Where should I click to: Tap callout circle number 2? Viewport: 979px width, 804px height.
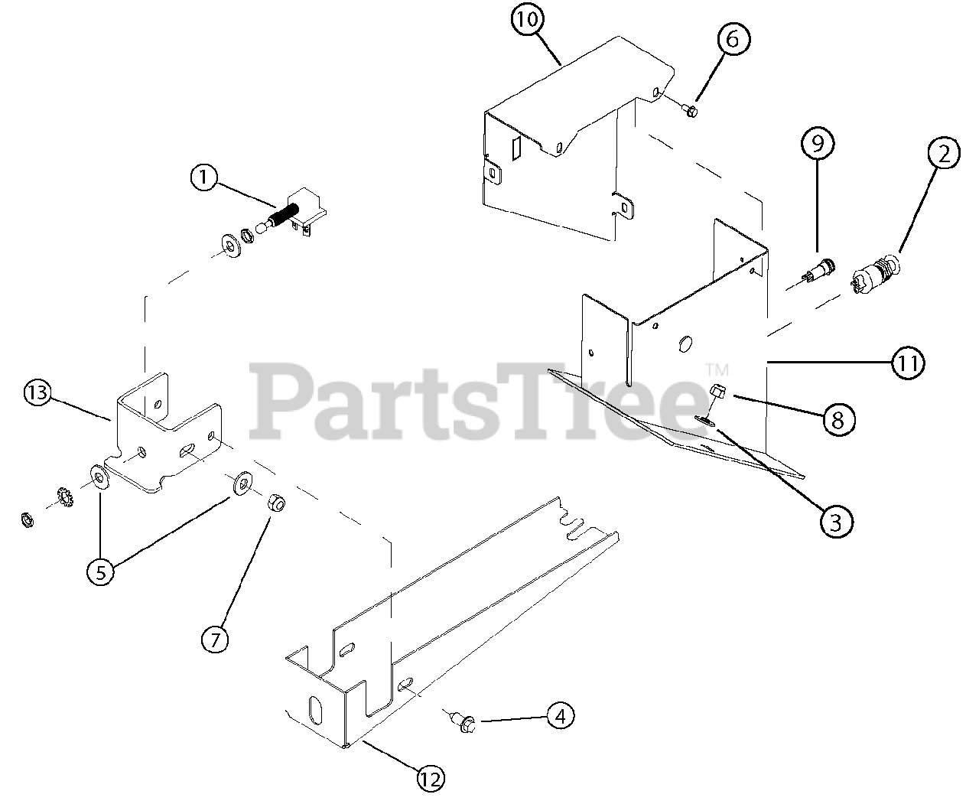point(944,154)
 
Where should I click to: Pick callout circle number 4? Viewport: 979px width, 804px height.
point(560,716)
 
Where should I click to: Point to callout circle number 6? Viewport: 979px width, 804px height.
point(732,38)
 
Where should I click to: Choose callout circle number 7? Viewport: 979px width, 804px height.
point(215,638)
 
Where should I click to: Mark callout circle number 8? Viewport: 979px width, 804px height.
point(838,418)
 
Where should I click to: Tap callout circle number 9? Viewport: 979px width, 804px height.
point(818,142)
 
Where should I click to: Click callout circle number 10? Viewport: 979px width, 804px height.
point(527,21)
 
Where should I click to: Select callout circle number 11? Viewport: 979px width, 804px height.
point(907,362)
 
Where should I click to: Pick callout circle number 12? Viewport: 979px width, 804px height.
point(430,779)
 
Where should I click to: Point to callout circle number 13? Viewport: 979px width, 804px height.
point(37,393)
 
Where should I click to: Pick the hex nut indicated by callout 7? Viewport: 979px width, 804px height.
point(276,503)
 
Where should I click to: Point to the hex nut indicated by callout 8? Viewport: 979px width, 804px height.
point(718,391)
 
